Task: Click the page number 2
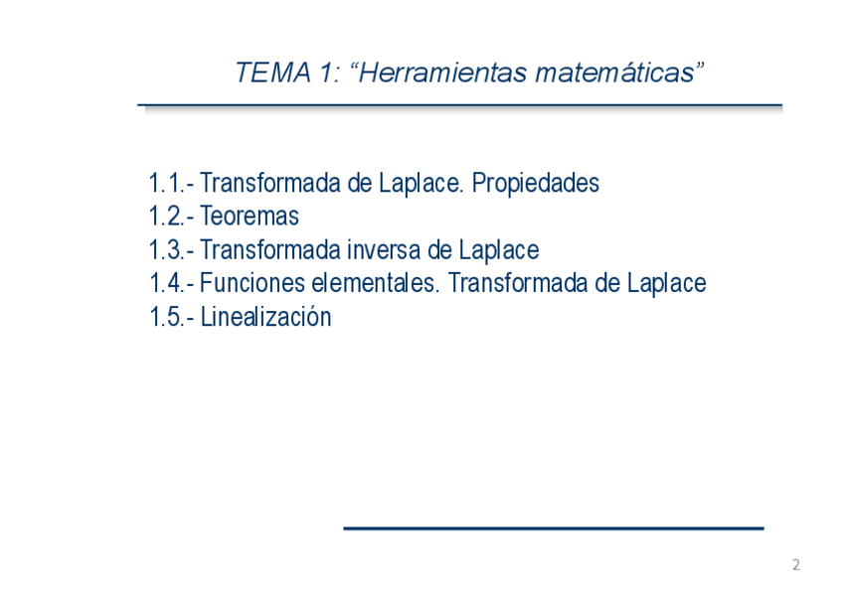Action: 796,565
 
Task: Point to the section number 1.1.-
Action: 171,183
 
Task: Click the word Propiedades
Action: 536,184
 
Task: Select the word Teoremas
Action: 250,217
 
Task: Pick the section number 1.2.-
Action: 171,217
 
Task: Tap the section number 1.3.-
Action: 171,250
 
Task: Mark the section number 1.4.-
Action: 171,283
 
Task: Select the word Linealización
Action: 265,316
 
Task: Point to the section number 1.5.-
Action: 171,317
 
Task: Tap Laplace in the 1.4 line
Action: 667,284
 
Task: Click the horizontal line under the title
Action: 459,105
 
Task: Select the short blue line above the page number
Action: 554,529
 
